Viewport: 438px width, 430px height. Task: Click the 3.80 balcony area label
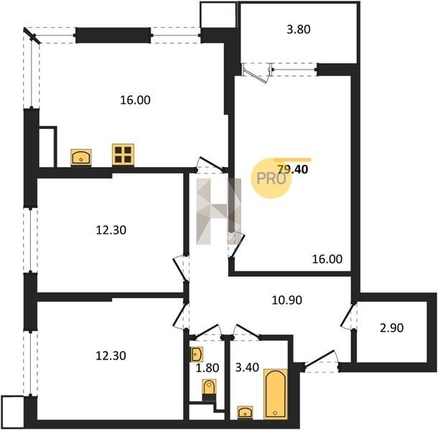point(298,29)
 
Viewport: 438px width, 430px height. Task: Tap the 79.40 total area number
point(293,169)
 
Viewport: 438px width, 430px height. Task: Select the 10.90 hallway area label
point(287,300)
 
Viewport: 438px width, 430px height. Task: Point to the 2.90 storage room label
point(391,328)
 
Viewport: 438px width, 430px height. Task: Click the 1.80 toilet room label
point(207,368)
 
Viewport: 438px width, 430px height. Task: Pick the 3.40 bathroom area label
point(247,368)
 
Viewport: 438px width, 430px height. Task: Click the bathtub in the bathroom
point(276,393)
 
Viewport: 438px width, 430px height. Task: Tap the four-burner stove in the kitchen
point(123,155)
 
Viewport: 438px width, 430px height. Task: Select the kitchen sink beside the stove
point(81,158)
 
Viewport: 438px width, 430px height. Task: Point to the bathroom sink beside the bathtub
point(246,412)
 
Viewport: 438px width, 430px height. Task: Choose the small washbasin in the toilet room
point(196,355)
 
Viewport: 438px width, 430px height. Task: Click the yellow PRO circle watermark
point(271,178)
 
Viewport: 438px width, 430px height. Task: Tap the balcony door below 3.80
point(256,73)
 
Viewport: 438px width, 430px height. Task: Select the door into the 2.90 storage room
point(348,316)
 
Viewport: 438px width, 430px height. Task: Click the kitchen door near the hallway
point(211,165)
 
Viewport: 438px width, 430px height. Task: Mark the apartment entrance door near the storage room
point(321,360)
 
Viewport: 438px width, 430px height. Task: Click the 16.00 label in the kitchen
point(135,100)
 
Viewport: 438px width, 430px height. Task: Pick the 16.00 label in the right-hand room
point(327,259)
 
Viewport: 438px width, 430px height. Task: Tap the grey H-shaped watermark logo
point(218,211)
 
